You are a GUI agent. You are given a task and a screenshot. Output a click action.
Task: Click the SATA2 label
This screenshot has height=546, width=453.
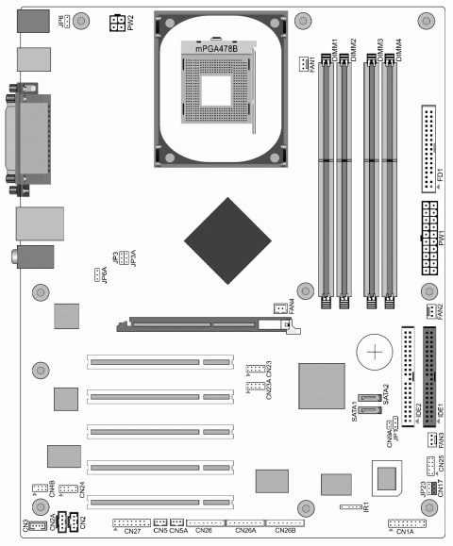pos(387,394)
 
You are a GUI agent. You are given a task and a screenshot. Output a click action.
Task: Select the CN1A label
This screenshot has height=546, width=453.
pos(406,533)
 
